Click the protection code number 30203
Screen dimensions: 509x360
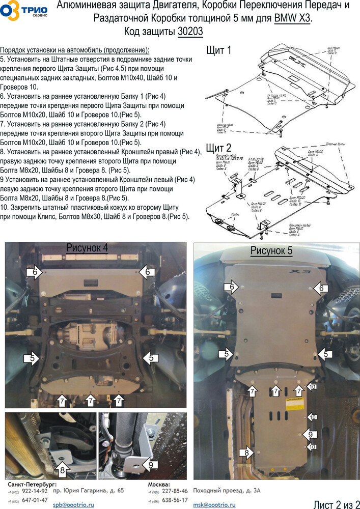[190, 32]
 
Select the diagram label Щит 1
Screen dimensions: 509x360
[219, 50]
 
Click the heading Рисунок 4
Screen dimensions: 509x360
[87, 248]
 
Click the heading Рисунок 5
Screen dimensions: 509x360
[271, 250]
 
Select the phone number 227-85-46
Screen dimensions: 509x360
[174, 491]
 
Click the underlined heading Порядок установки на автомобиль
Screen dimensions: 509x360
[75, 50]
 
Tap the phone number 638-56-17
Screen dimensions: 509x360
[174, 500]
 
